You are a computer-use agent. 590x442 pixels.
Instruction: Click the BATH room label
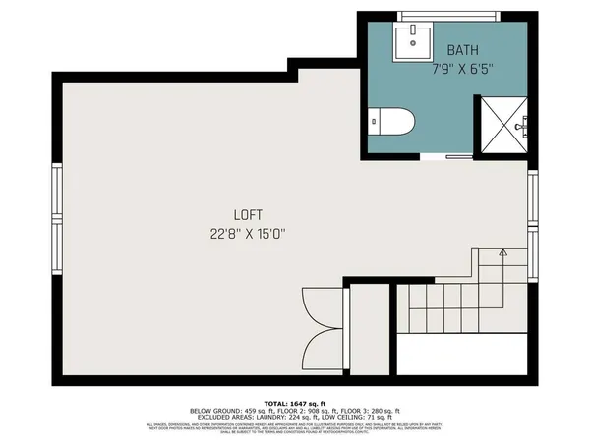(463, 50)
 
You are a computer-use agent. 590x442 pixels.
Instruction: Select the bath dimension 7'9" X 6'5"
(462, 70)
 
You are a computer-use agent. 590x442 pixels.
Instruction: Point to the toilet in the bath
(392, 122)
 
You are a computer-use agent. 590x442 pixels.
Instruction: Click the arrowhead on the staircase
(502, 253)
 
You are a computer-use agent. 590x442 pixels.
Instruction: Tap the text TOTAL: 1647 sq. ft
(294, 403)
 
